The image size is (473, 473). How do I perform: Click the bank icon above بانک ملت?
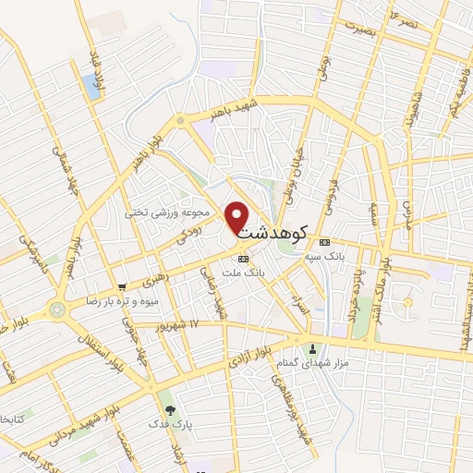coord(243,259)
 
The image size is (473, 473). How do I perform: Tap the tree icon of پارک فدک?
coord(168,409)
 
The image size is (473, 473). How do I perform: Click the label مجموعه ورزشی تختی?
coord(173,212)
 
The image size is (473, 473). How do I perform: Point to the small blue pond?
coord(91,88)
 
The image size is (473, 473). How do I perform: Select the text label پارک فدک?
coord(170,423)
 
